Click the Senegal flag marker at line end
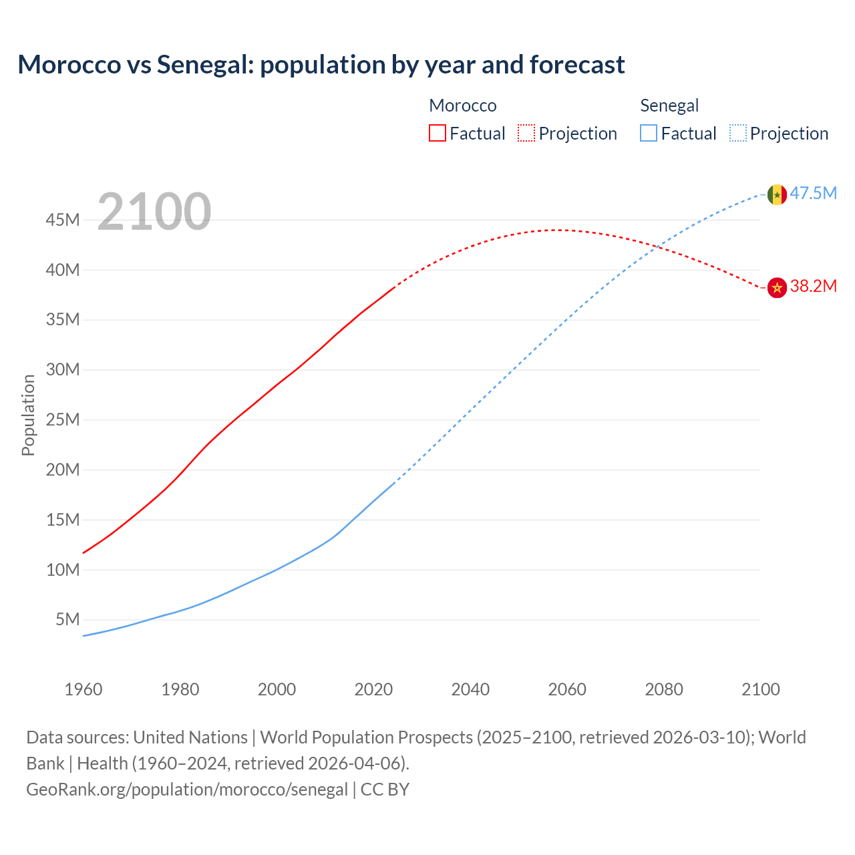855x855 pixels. (x=776, y=194)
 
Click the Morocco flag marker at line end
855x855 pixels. (x=776, y=287)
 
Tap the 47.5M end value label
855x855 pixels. (x=813, y=194)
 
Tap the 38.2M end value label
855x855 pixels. (x=813, y=287)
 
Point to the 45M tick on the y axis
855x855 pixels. (x=63, y=220)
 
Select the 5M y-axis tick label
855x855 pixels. (x=67, y=620)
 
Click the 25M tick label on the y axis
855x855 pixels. (x=63, y=420)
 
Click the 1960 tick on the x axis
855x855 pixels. (x=83, y=689)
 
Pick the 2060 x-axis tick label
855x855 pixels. (x=567, y=689)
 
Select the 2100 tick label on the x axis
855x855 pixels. (x=760, y=689)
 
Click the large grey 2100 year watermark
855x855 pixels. (x=154, y=212)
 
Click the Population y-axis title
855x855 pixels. (x=28, y=415)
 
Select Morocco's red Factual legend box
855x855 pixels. (x=438, y=134)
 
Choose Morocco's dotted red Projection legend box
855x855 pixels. (x=526, y=134)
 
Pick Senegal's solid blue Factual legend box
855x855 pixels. (x=649, y=134)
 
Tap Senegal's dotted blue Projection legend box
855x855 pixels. (x=737, y=134)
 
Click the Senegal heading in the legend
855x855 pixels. (x=669, y=106)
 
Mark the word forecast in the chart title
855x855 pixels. (x=577, y=65)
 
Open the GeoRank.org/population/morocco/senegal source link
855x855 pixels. (x=187, y=790)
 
